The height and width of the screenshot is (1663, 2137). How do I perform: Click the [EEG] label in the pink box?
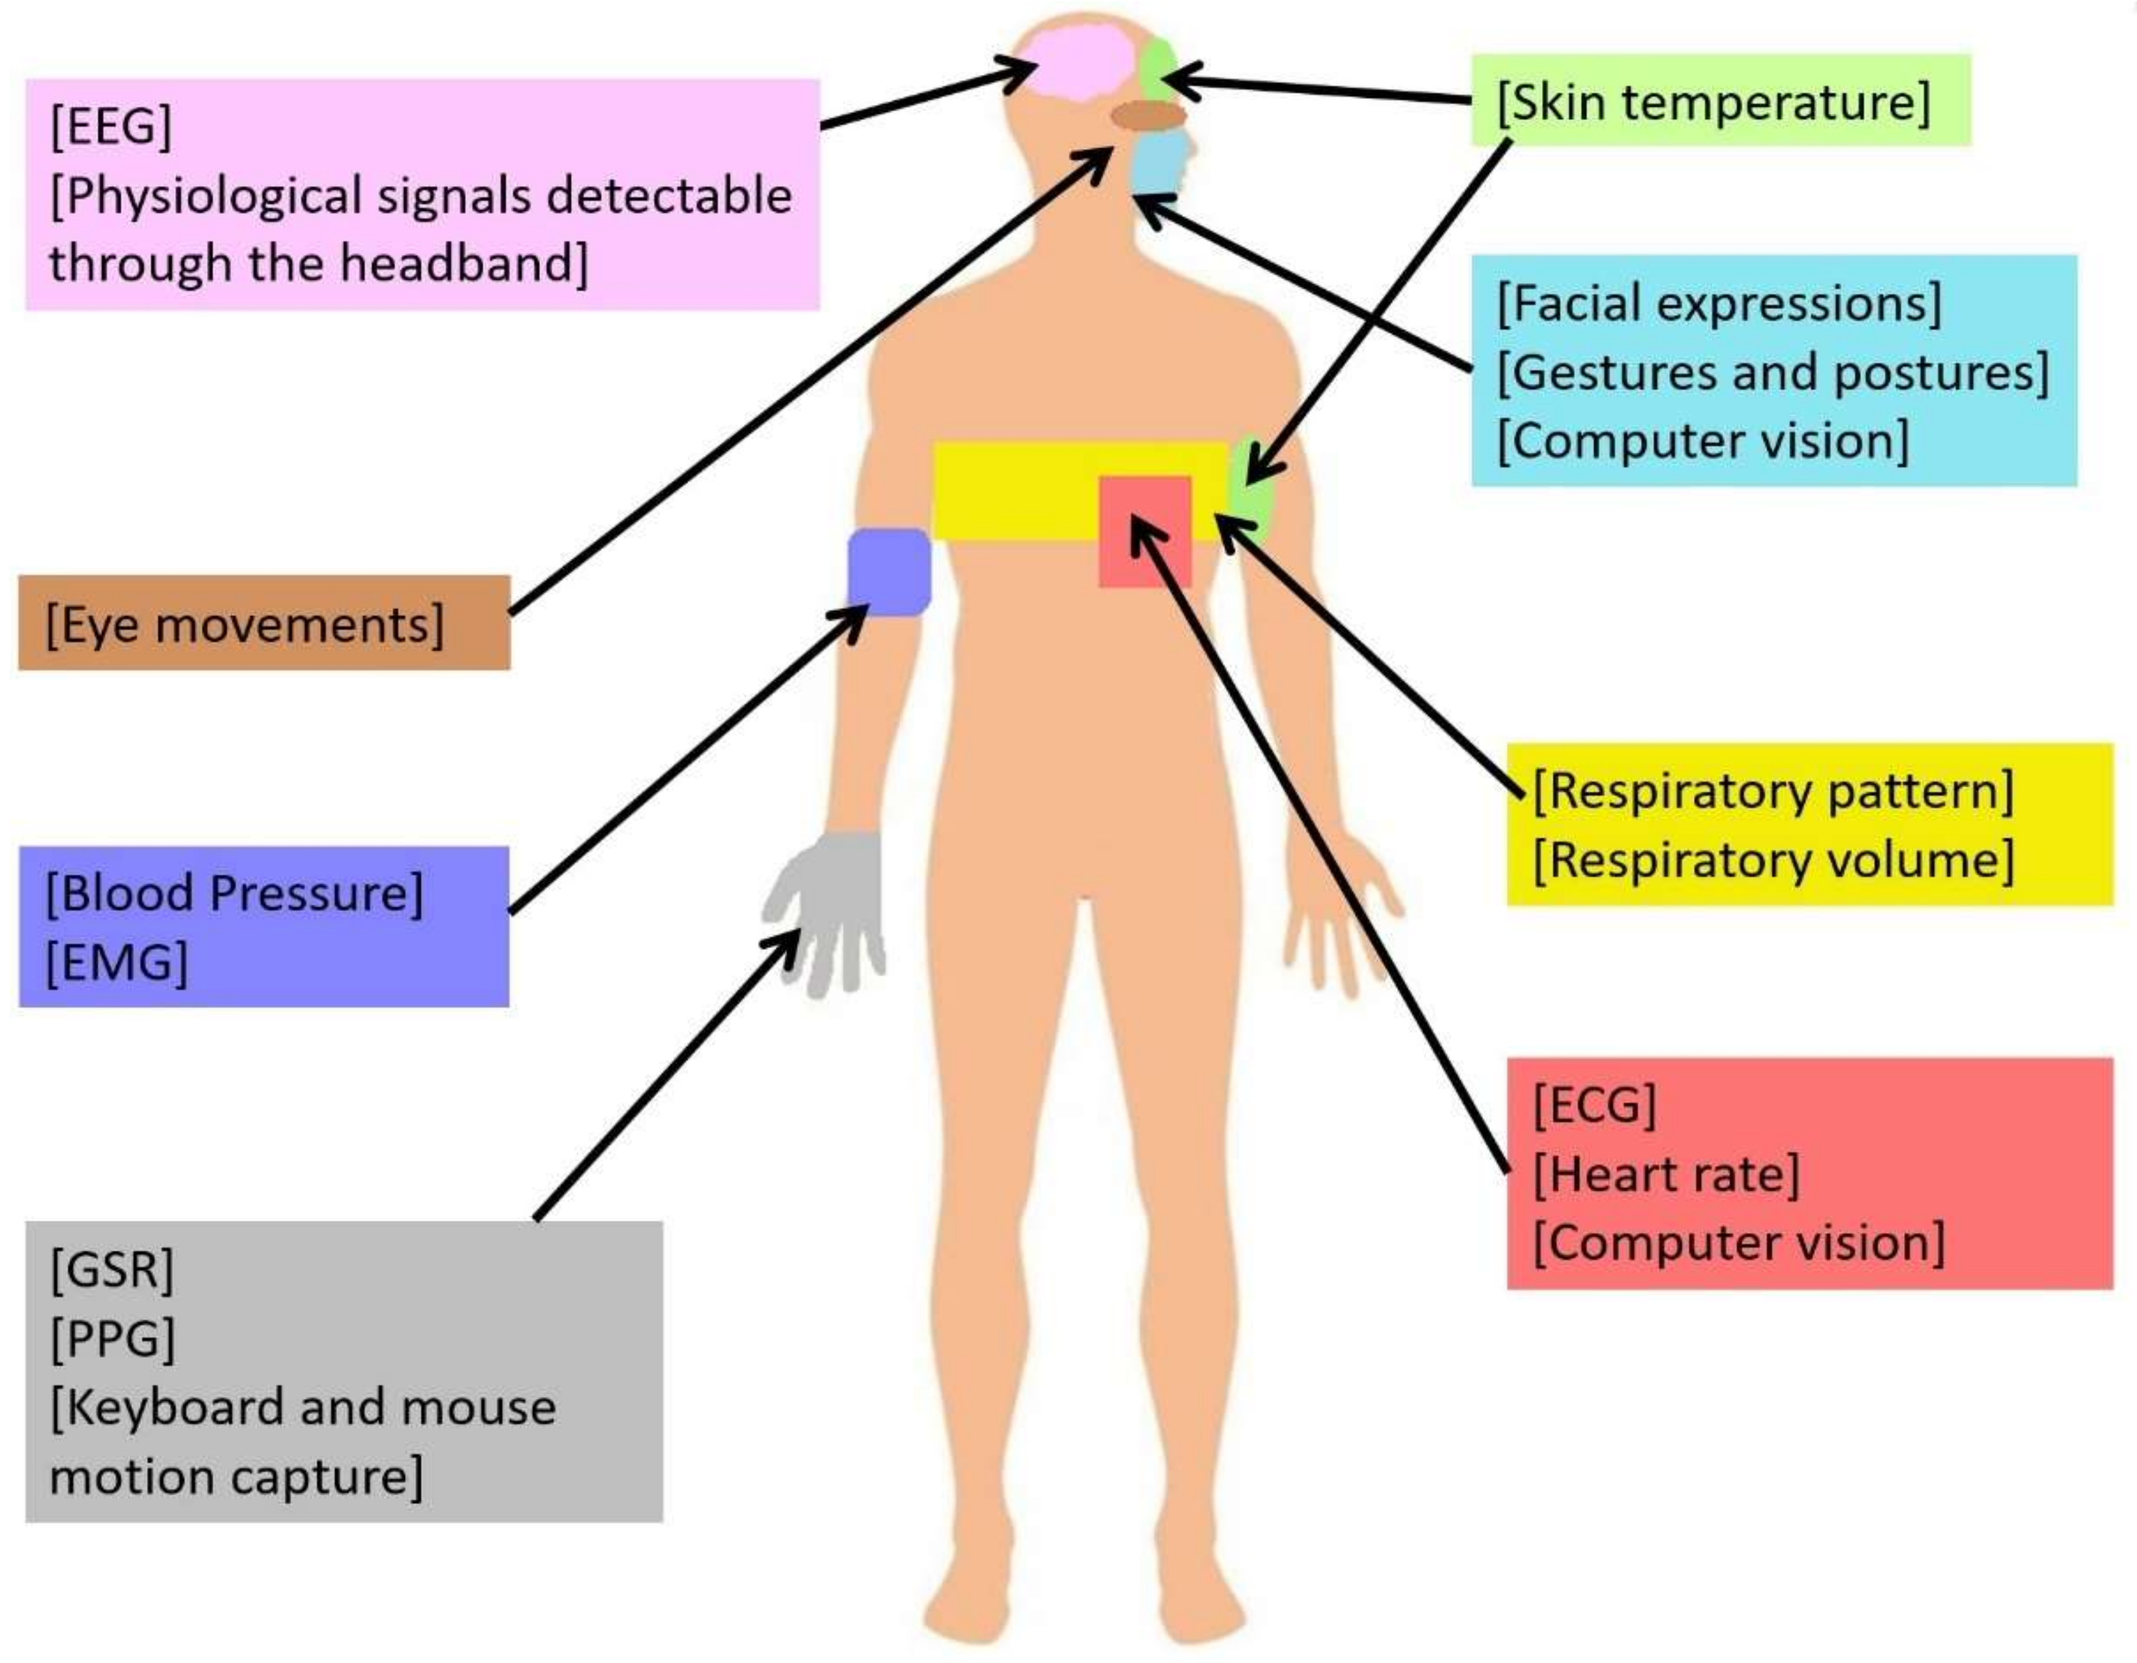[111, 126]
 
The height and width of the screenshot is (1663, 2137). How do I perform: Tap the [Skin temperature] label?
[1713, 101]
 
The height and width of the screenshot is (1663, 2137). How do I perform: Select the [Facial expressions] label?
[1718, 303]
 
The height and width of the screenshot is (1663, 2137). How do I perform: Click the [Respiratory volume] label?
[1772, 861]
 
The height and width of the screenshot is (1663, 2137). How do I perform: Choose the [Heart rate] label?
[1665, 1174]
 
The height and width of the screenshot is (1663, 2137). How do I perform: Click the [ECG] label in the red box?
[1594, 1105]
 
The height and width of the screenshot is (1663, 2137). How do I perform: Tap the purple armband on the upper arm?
[888, 573]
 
